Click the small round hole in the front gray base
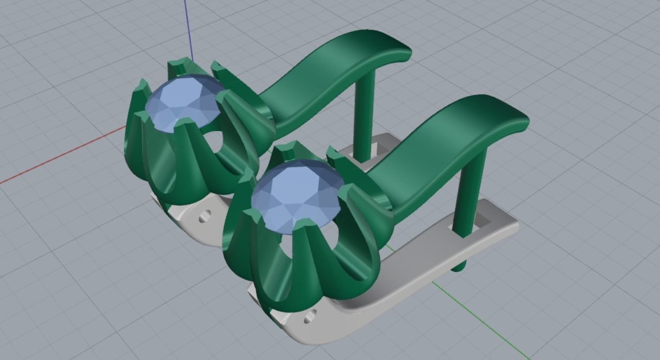pos(310,317)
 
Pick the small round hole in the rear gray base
pos(204,216)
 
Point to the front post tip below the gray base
pos(458,266)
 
